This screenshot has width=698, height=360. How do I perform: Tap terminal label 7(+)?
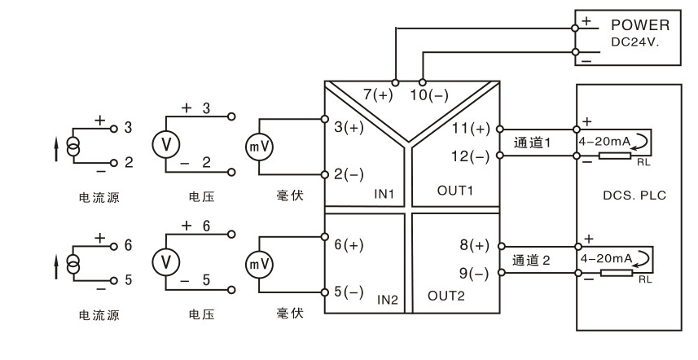pos(377,95)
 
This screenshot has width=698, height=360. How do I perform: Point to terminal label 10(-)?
pos(429,95)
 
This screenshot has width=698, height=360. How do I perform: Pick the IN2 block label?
pos(387,299)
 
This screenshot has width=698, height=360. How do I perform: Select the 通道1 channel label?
pos(533,143)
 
